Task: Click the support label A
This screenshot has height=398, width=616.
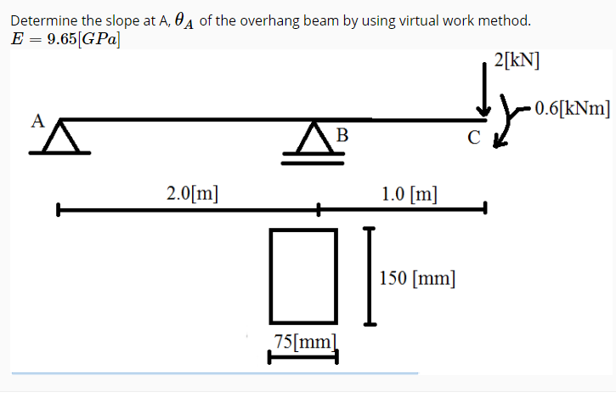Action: coord(37,119)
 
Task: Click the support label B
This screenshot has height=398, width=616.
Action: coord(342,134)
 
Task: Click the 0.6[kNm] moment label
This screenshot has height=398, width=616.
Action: coord(571,107)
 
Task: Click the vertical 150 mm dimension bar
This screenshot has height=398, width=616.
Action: coord(368,276)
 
